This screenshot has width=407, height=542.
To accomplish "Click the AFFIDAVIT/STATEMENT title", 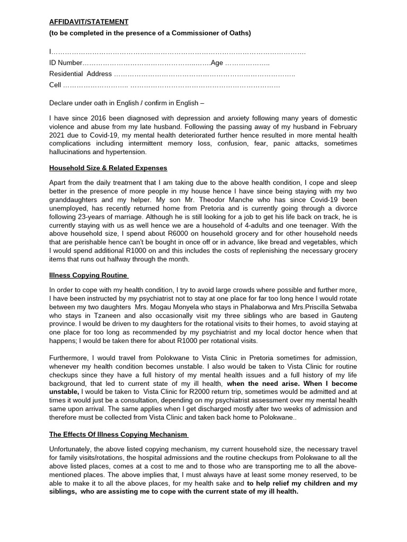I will click(89, 22).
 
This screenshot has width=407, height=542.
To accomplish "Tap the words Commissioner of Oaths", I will click(214, 33).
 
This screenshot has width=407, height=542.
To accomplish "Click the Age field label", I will click(217, 63).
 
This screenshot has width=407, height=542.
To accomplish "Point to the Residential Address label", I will click(81, 74).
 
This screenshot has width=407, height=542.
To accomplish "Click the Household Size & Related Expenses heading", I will click(108, 168).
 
